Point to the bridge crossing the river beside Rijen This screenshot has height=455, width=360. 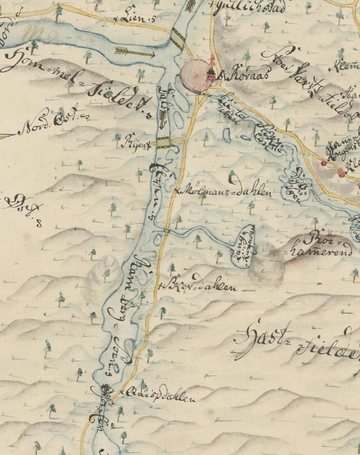[164, 142]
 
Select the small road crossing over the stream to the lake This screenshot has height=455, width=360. [166, 232]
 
